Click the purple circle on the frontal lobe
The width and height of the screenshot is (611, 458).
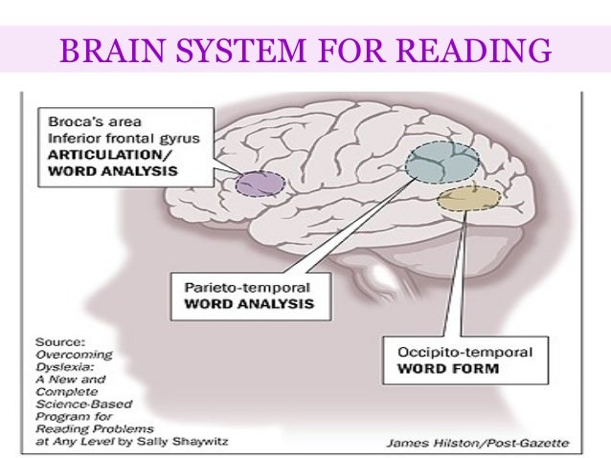point(260,183)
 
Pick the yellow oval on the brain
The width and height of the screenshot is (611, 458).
point(468,200)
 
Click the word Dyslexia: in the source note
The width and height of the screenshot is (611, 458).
point(60,365)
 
